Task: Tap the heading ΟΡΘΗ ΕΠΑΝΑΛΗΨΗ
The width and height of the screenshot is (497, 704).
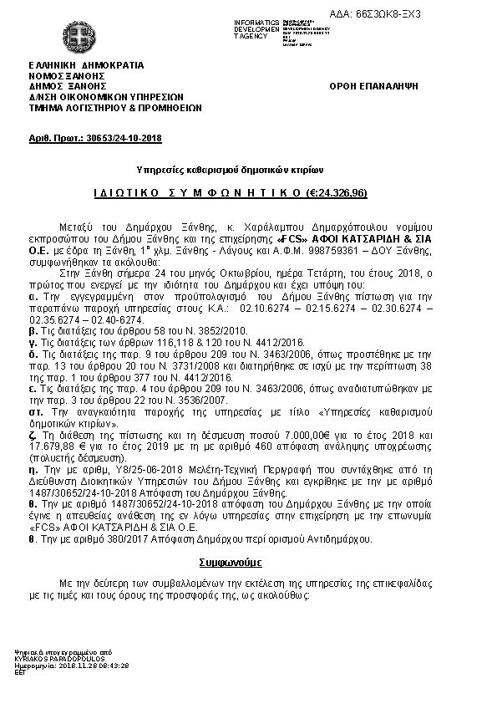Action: click(x=373, y=86)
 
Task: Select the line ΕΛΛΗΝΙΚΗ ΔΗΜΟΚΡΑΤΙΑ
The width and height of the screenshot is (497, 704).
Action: click(x=86, y=64)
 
